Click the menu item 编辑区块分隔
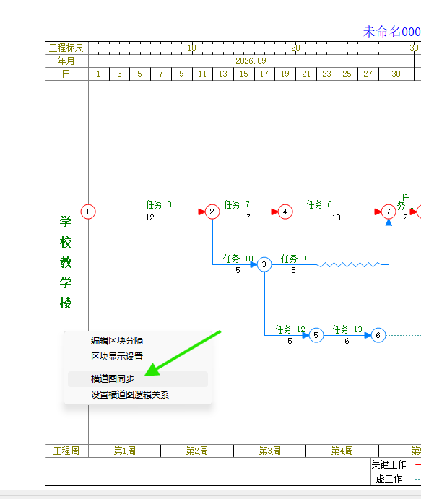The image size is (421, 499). pos(117,341)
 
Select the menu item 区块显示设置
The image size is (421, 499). pos(117,357)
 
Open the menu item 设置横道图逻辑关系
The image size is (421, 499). pos(130,395)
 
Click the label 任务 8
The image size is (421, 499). pos(158,204)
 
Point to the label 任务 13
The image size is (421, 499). pos(347,329)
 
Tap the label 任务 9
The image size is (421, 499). pos(293,259)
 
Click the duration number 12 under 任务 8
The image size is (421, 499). pos(150,217)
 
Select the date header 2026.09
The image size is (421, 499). pos(251,61)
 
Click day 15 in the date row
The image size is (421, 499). pos(244,74)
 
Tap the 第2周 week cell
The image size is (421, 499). pos(197,451)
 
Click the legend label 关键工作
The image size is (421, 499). pos(389,464)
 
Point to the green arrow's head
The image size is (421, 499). pos(145,376)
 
